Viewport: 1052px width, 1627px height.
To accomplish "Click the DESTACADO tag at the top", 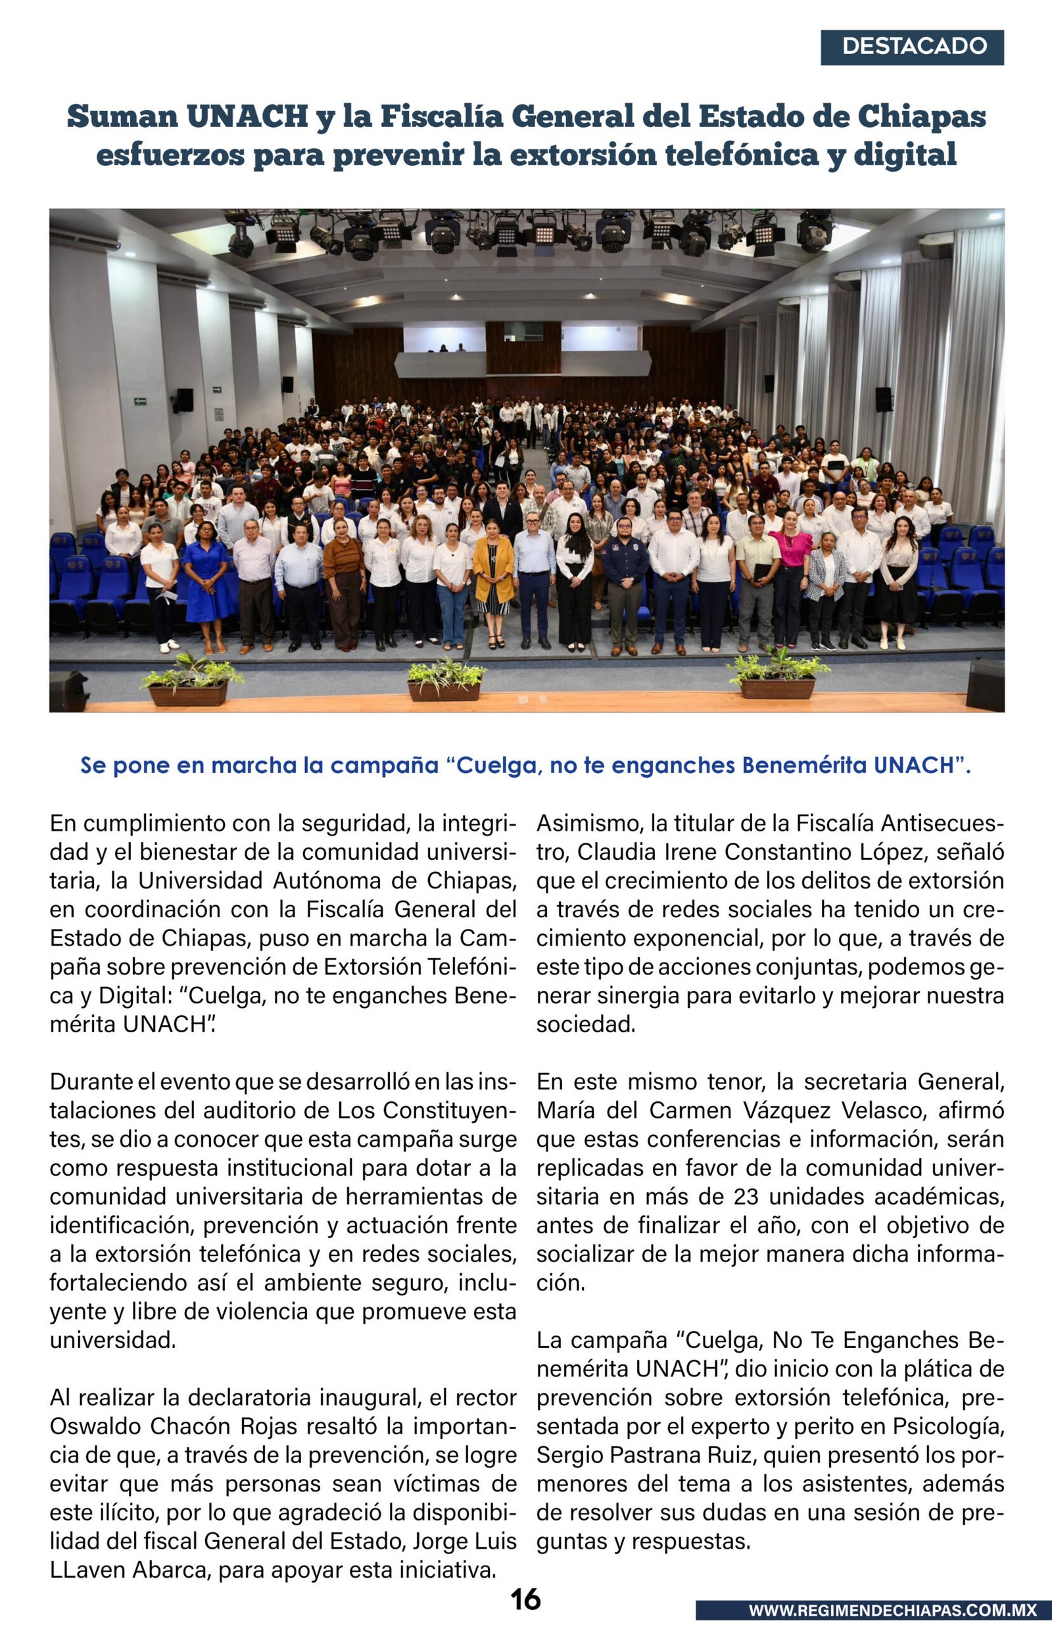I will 912,47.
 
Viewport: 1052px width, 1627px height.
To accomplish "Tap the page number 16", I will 525,1599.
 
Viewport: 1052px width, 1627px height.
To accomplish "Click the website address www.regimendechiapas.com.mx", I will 892,1610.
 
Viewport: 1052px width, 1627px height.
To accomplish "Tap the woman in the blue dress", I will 208,584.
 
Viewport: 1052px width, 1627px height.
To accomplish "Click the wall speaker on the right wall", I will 883,399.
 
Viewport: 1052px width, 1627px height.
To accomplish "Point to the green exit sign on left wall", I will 140,401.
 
